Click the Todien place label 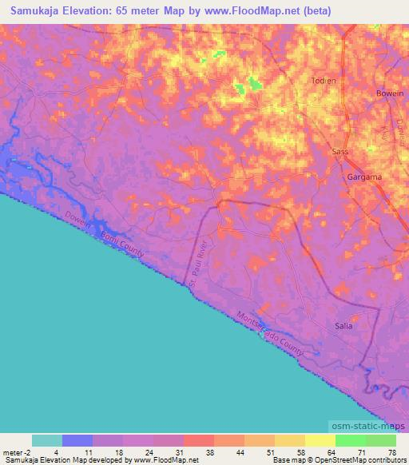point(324,81)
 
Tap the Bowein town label point(390,93)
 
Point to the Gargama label point(363,176)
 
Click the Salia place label point(343,325)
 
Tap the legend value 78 point(391,451)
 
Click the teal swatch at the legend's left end point(47,440)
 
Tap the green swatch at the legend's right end point(381,440)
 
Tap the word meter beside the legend point(14,451)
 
